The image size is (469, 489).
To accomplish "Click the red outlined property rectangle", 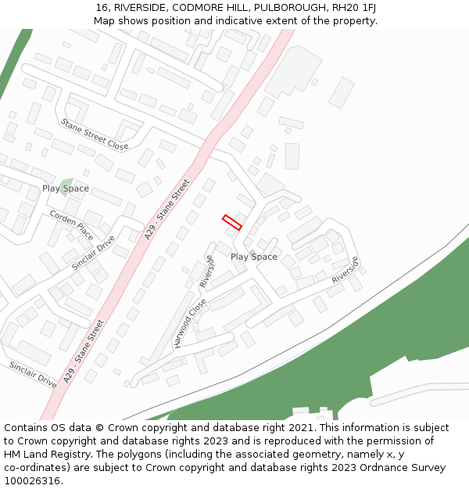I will (232, 222).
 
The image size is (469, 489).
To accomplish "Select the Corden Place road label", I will (71, 225).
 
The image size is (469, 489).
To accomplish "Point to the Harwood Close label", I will (190, 322).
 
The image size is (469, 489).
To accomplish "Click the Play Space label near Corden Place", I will (66, 189).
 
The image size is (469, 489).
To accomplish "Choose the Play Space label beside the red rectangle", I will (253, 257).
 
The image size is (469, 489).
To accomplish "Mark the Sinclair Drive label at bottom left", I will (33, 375).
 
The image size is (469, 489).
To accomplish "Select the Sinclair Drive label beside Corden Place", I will (93, 253).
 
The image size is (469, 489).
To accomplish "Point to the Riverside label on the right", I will (345, 270).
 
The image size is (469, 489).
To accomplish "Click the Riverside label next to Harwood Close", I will (206, 271).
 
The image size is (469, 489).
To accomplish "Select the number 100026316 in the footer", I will (32, 480).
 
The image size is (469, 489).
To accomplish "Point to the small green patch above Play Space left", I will (67, 182).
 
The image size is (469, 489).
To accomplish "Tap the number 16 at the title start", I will (102, 7).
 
